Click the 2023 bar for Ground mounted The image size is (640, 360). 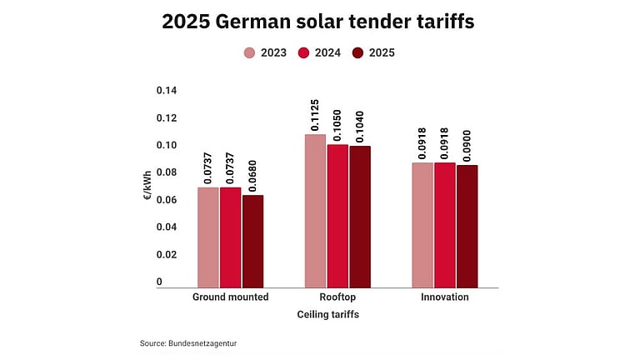pos(207,237)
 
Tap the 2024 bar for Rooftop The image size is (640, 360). pos(337,216)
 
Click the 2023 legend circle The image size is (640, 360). pos(249,52)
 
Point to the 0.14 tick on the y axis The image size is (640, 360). pos(166,91)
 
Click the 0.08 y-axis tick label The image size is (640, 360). pos(166,172)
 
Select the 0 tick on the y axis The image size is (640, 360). pos(159,282)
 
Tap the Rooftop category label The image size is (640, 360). pos(337,297)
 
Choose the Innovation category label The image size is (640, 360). pos(445,297)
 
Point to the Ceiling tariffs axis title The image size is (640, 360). pos(328,315)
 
